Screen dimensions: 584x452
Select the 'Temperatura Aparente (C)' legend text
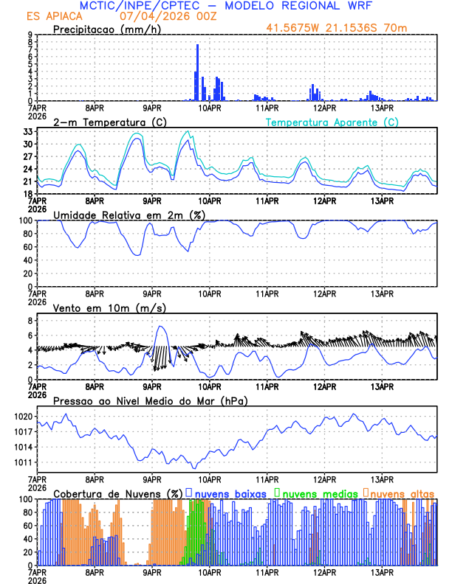[x=332, y=122]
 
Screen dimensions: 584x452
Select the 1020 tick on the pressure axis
[x=23, y=416]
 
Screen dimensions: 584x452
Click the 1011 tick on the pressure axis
[x=23, y=462]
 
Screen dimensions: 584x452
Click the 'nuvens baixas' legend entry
[x=229, y=493]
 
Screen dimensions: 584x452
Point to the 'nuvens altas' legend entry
[x=400, y=493]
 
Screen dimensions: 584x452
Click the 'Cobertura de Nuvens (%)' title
[x=117, y=493]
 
